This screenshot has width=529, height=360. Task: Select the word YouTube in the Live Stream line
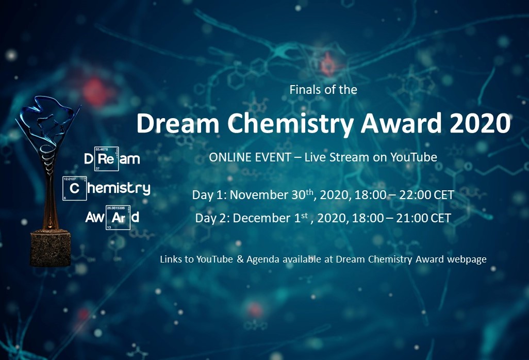414,157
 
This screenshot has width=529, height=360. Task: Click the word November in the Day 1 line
268,195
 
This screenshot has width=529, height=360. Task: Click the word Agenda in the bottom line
263,259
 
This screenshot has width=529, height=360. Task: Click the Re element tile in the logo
106,158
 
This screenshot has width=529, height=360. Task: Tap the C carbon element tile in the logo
75,188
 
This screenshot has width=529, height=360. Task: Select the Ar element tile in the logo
118,218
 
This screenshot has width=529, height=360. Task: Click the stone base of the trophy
50,248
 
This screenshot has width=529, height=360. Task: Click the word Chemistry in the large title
290,123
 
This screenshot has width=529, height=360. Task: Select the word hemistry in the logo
119,188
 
